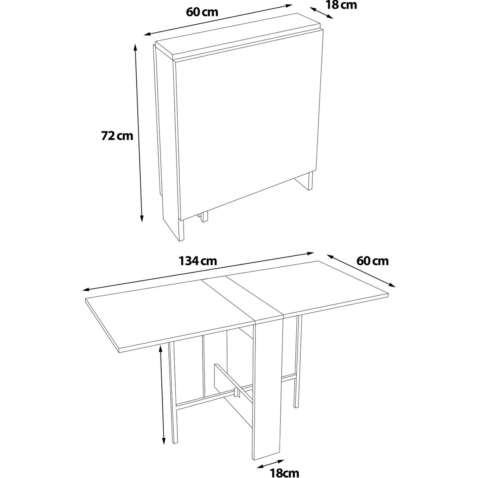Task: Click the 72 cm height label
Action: (x=117, y=136)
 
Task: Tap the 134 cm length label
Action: (x=198, y=261)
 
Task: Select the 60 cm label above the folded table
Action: (x=202, y=12)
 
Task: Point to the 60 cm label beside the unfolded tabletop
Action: (x=372, y=261)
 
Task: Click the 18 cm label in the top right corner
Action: (x=341, y=5)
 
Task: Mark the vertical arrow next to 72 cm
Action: (x=138, y=133)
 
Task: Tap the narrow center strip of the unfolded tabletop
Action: (x=243, y=298)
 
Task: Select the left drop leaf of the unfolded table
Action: (x=168, y=314)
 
